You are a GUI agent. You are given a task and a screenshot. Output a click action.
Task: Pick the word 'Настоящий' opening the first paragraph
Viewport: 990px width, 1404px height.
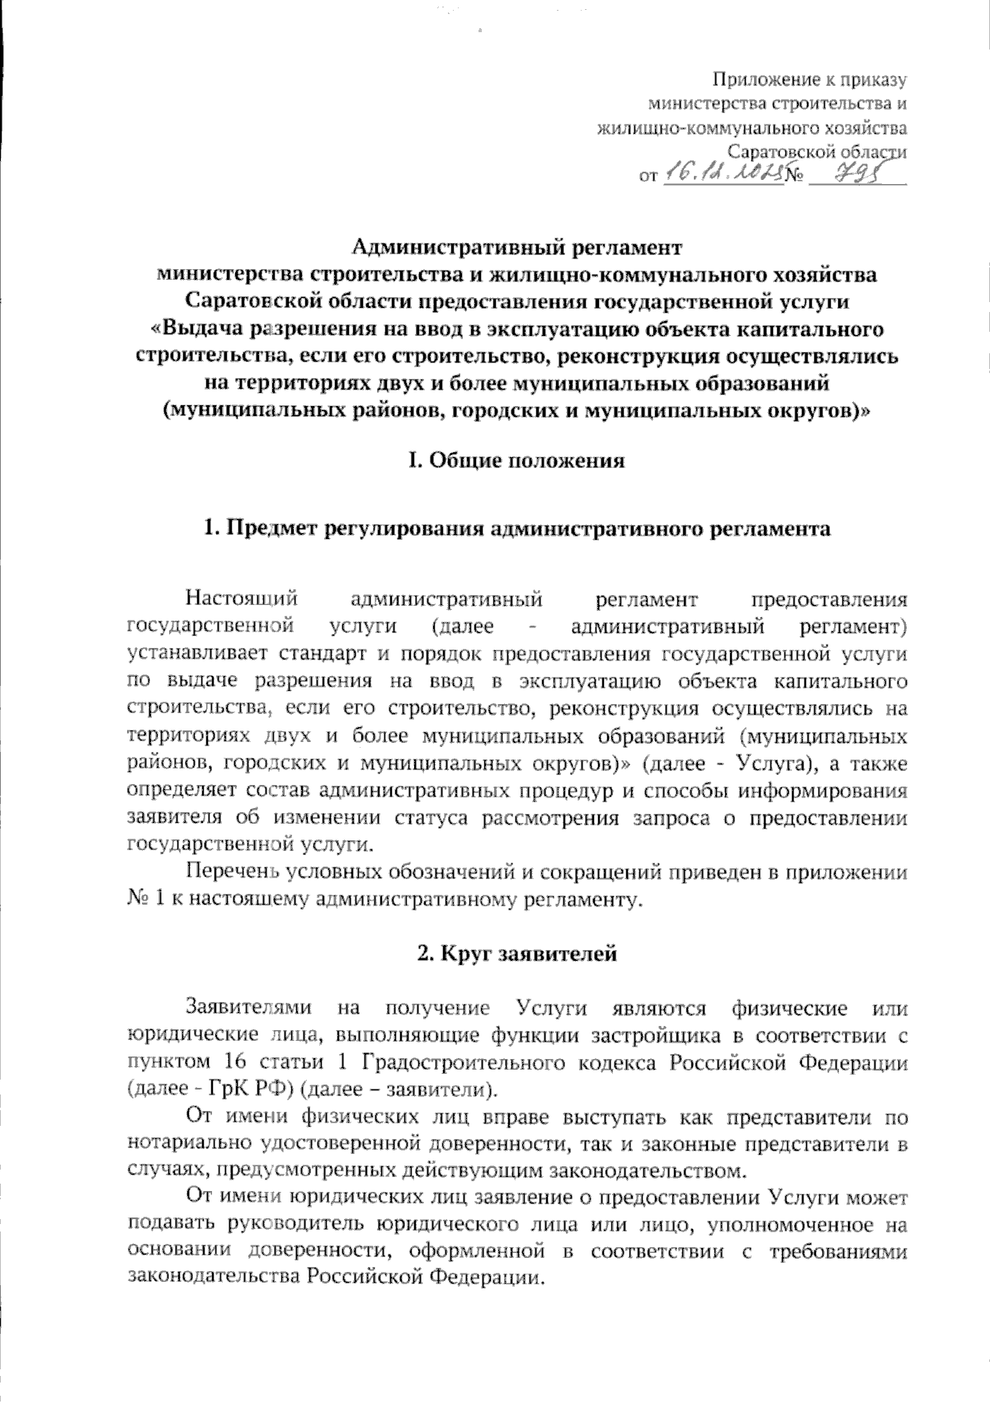240,598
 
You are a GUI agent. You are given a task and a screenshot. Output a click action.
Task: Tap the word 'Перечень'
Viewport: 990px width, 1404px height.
231,872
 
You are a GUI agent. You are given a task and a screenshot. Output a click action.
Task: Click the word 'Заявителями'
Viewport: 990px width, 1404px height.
248,1008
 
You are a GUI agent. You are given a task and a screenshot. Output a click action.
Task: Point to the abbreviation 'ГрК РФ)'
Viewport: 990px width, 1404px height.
249,1090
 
